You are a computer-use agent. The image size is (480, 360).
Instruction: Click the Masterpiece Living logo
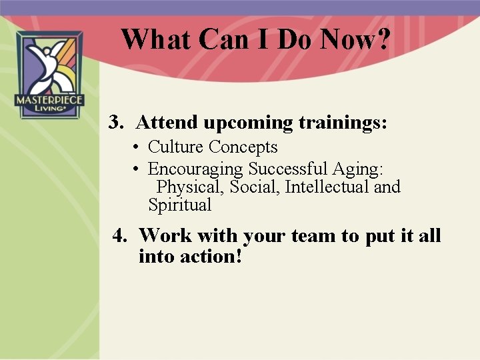pos(50,75)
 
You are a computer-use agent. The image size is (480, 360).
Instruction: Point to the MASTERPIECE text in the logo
pos(50,101)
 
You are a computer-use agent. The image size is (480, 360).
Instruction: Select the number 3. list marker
pos(117,123)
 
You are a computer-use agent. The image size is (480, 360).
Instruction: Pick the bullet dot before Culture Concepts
pos(135,147)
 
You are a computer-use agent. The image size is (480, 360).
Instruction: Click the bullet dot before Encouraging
pos(135,169)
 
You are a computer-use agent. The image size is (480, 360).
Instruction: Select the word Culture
pos(176,147)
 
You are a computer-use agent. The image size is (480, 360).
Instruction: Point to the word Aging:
pos(358,169)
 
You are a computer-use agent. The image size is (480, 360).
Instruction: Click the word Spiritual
pos(179,205)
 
